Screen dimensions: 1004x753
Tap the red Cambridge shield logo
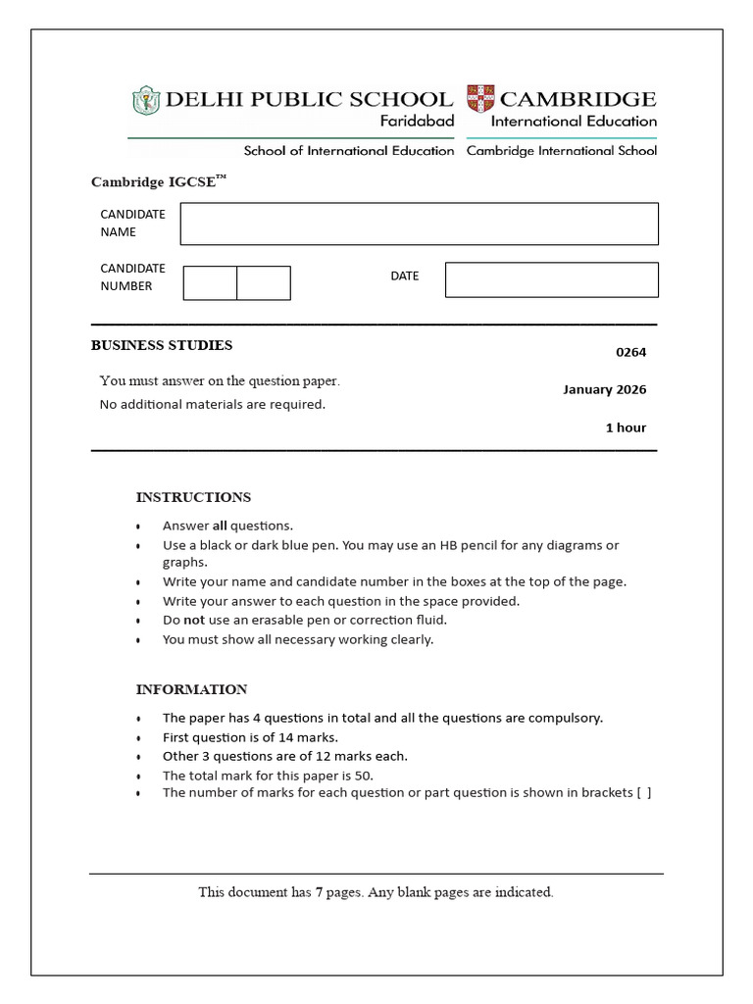tap(480, 99)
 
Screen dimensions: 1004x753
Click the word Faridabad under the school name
tap(417, 122)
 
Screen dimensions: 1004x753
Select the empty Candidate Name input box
tap(419, 224)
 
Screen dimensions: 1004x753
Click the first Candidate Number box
tap(210, 282)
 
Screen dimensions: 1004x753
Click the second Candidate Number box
tap(264, 282)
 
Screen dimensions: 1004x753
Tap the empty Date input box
tap(551, 279)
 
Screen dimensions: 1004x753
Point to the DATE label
tap(404, 276)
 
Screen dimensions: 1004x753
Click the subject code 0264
tap(630, 353)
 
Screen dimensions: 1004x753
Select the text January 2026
tap(604, 389)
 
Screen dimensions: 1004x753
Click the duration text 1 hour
tap(626, 427)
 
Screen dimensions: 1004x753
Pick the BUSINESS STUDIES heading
tap(162, 345)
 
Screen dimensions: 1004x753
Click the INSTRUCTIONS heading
tap(193, 497)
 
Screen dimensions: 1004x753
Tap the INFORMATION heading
tap(191, 689)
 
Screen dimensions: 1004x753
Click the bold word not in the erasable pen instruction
tap(194, 621)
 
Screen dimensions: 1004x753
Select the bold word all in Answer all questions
tap(220, 526)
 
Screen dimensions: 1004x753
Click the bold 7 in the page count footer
tap(320, 892)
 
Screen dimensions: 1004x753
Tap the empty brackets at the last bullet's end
tap(643, 793)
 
